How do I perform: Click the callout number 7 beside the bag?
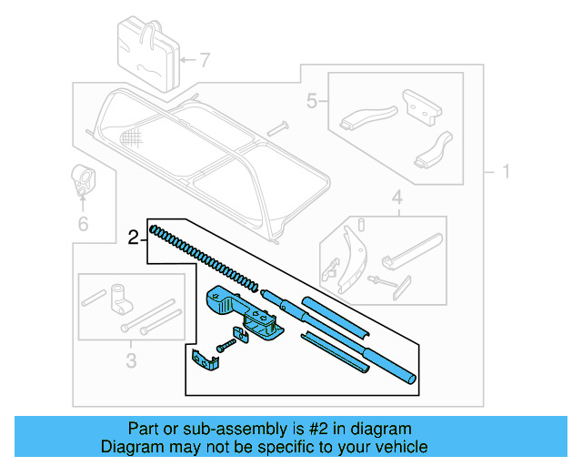click(x=205, y=62)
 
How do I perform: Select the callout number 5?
click(x=311, y=101)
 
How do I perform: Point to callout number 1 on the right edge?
click(x=505, y=172)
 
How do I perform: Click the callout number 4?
click(x=396, y=197)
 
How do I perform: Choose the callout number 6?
click(x=83, y=223)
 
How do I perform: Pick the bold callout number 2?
click(x=133, y=238)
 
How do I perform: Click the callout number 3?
click(x=129, y=361)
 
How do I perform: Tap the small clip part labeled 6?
click(x=83, y=179)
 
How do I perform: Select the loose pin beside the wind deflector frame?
click(x=277, y=127)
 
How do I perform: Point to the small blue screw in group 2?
click(x=226, y=346)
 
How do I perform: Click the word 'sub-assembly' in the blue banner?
click(x=208, y=429)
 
